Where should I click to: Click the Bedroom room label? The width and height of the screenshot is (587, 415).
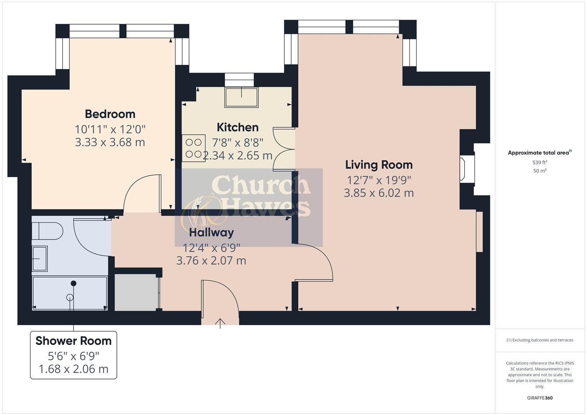[x=110, y=114]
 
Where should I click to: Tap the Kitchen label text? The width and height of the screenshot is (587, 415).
[x=238, y=127]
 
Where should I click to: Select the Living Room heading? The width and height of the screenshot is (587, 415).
[x=379, y=165]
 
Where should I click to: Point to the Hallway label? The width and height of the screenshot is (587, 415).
[x=211, y=232]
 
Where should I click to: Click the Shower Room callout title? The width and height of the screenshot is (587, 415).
[x=73, y=341]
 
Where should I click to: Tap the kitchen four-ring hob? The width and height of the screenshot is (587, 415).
[x=193, y=148]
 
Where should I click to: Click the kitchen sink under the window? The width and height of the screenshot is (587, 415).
[x=241, y=97]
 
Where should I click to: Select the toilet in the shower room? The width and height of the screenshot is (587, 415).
[x=47, y=231]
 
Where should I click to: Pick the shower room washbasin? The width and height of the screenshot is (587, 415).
[x=40, y=259]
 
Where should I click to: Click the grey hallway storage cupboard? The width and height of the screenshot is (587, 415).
[x=136, y=292]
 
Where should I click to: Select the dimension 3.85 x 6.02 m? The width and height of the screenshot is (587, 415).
[x=379, y=193]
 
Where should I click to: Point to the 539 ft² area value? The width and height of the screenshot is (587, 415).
[x=540, y=163]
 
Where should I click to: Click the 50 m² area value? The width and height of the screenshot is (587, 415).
[x=540, y=171]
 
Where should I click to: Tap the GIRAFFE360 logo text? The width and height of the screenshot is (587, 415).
[x=540, y=398]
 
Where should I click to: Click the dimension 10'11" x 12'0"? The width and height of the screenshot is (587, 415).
[x=110, y=129]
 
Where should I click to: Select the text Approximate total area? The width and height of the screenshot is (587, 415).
[x=538, y=153]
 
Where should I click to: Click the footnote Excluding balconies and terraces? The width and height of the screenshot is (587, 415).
[x=540, y=340]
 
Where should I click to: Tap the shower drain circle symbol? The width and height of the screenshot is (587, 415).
[x=70, y=297]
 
